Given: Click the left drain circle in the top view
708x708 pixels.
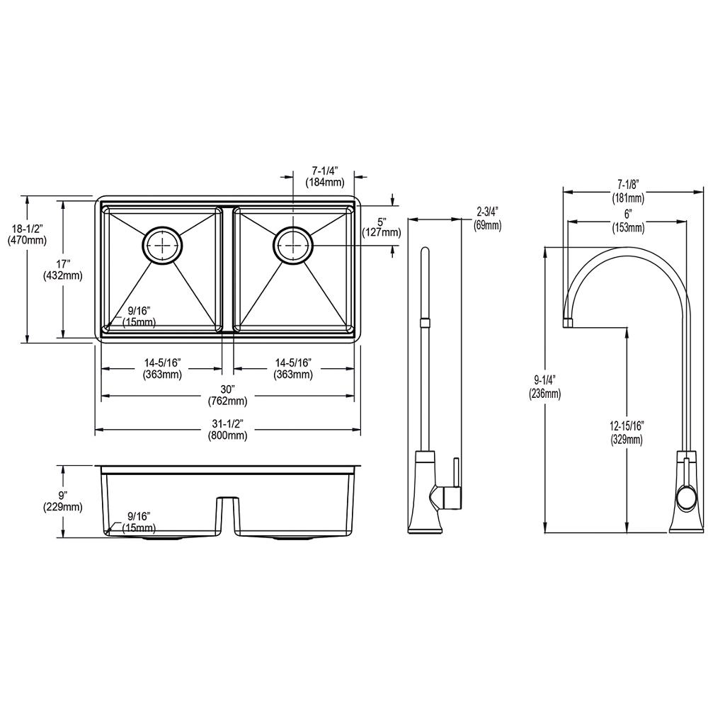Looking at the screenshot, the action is (x=163, y=244).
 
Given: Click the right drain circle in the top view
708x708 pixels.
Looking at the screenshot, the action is (x=294, y=244).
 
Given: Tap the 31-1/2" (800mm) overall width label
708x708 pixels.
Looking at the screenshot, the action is (x=227, y=430).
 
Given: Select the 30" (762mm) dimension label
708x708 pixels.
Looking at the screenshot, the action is (x=227, y=394).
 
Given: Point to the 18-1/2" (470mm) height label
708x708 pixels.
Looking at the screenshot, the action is (x=27, y=234).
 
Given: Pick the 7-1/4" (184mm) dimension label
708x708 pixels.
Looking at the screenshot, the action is (x=325, y=176).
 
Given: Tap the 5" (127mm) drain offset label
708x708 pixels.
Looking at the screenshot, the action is (x=382, y=227).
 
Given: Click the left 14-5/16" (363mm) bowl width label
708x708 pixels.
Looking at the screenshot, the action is (x=163, y=368).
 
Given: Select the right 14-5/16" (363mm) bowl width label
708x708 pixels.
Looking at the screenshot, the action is (x=294, y=368).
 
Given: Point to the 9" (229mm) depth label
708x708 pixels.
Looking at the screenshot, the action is (x=63, y=501).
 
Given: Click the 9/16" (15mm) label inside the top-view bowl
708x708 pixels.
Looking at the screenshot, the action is (x=139, y=316).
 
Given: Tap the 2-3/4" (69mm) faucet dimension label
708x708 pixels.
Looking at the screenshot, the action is (x=488, y=219).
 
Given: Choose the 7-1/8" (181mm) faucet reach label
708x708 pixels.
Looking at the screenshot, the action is (x=629, y=190).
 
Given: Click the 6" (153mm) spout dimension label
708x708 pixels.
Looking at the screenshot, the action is (x=629, y=221).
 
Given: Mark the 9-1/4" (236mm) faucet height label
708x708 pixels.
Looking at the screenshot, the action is (x=545, y=387).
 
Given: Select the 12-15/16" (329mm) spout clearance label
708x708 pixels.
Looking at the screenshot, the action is (x=627, y=432).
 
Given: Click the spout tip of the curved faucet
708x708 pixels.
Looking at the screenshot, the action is (x=568, y=322).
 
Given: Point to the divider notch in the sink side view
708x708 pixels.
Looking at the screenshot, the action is (x=227, y=517).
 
